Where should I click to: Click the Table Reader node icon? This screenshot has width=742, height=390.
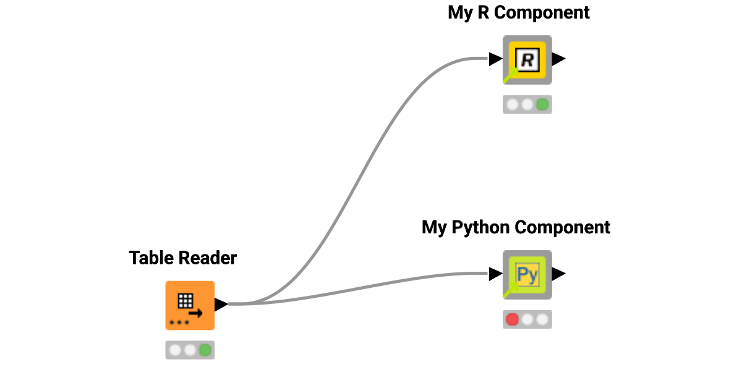[x=190, y=305]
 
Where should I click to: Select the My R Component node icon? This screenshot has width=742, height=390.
[x=527, y=59]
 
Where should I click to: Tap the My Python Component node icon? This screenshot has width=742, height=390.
[x=527, y=274]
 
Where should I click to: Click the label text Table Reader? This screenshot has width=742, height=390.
[x=183, y=258]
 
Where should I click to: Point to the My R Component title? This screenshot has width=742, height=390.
[x=519, y=12]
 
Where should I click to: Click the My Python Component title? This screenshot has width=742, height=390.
[x=516, y=227]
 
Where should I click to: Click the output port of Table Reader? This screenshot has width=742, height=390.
[x=221, y=304]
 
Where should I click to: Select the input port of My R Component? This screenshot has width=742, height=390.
[x=495, y=59]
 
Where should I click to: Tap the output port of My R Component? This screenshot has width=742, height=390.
[x=558, y=59]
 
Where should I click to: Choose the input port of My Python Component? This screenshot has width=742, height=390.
[x=495, y=274]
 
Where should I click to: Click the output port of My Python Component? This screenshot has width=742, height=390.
[x=558, y=274]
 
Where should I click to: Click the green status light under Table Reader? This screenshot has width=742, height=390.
[x=205, y=350]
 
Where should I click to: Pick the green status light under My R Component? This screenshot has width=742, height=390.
[x=542, y=105]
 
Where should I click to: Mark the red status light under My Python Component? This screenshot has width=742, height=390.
[x=512, y=319]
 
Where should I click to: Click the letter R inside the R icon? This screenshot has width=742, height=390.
[x=527, y=60]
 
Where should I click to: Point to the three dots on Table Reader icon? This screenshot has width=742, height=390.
[x=179, y=323]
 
